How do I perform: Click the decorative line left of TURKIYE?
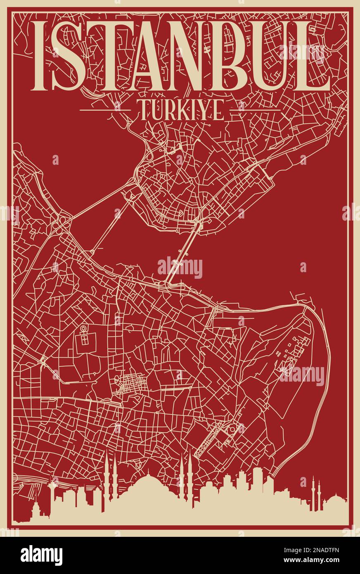[105, 110]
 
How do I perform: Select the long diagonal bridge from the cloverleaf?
[99, 202]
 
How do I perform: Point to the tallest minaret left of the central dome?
[108, 475]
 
